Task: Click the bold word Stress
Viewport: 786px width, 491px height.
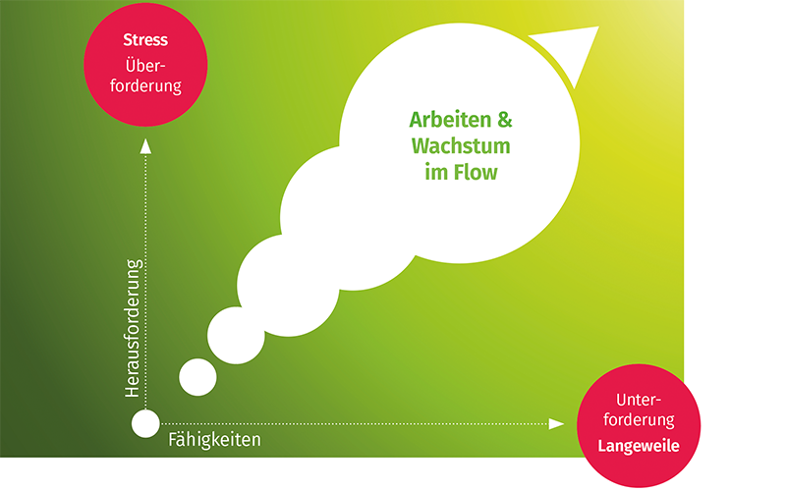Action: pyautogui.click(x=145, y=40)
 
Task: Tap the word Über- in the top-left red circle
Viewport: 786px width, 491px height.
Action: pyautogui.click(x=145, y=65)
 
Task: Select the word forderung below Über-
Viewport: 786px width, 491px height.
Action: pyautogui.click(x=145, y=85)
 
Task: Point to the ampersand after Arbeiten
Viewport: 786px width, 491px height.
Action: pyautogui.click(x=505, y=120)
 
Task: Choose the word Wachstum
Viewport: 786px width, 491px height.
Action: pyautogui.click(x=461, y=145)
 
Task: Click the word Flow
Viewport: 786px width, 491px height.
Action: pyautogui.click(x=476, y=172)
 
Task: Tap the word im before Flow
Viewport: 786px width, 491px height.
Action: pyautogui.click(x=436, y=172)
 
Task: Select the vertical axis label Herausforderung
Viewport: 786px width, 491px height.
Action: pyautogui.click(x=133, y=328)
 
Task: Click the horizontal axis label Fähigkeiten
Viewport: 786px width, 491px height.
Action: pyautogui.click(x=214, y=439)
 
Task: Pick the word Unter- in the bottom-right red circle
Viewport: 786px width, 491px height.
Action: pyautogui.click(x=639, y=400)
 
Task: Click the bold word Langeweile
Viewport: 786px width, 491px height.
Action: pyautogui.click(x=639, y=446)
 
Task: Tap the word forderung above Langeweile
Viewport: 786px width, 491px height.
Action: pyautogui.click(x=639, y=419)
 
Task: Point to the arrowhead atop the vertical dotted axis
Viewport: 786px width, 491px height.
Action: pyautogui.click(x=145, y=146)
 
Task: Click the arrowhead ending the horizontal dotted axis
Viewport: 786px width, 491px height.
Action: pyautogui.click(x=556, y=424)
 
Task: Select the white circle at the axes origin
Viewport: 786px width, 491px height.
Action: pyautogui.click(x=145, y=423)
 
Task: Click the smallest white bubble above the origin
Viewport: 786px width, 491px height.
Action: pyautogui.click(x=198, y=377)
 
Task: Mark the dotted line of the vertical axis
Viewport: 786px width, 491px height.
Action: pyautogui.click(x=145, y=282)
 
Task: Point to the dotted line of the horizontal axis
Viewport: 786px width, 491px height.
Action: pyautogui.click(x=355, y=424)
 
